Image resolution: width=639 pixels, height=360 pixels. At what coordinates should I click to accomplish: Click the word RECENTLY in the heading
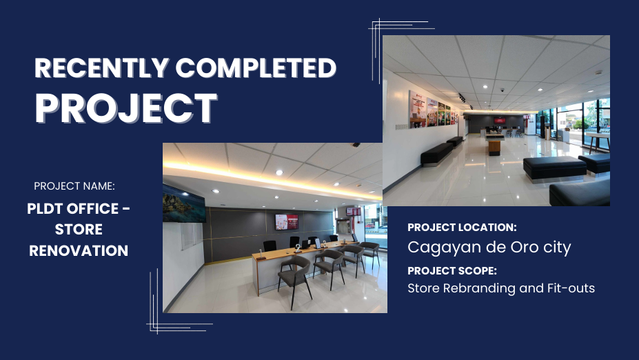point(101,68)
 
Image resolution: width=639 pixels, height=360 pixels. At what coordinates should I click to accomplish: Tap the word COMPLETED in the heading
point(256,68)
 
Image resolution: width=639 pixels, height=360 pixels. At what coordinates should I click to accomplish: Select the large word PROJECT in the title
point(126,108)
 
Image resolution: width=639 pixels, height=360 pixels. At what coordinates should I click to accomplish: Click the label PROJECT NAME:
point(74,186)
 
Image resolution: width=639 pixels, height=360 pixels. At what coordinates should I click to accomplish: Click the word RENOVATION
point(79,250)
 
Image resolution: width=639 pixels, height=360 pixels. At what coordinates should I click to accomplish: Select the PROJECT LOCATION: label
point(462,228)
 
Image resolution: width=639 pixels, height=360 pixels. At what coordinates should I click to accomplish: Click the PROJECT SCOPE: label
point(452,271)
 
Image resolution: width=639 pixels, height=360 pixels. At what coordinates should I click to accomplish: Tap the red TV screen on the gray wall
point(287,222)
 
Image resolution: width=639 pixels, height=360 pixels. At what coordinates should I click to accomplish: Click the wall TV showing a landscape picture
point(184,203)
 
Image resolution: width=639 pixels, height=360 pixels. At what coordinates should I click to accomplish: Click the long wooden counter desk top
point(303,250)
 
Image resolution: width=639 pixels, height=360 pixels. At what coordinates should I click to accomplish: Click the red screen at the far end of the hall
point(500,120)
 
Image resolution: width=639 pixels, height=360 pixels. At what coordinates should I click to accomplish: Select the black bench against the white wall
point(436,154)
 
